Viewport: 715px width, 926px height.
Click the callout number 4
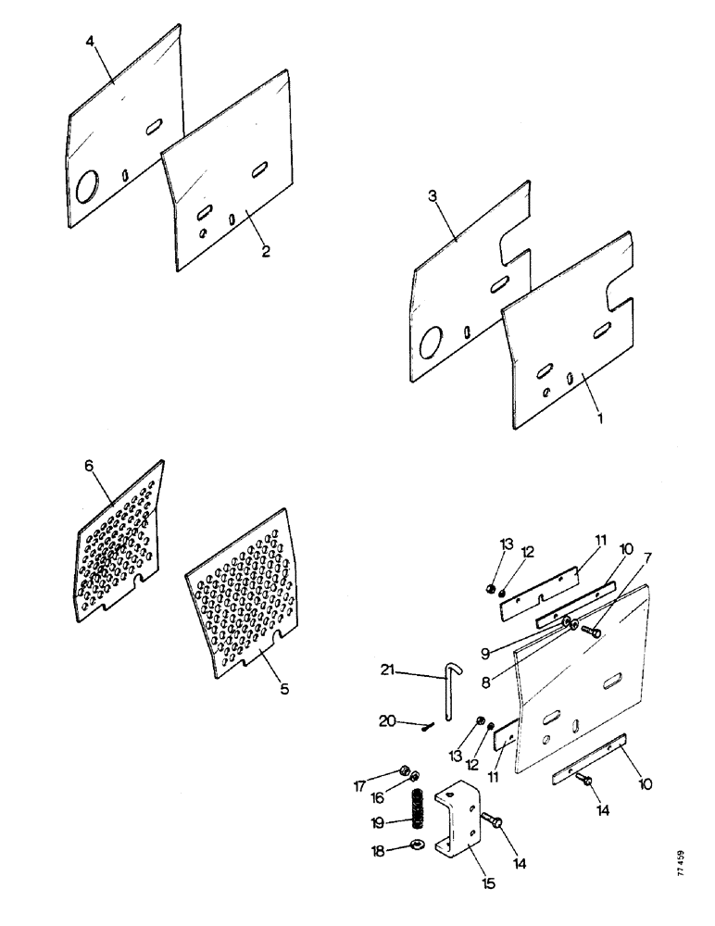click(91, 43)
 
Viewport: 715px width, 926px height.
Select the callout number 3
click(433, 195)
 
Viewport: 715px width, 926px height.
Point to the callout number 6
click(90, 467)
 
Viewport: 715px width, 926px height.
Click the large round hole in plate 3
click(432, 344)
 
